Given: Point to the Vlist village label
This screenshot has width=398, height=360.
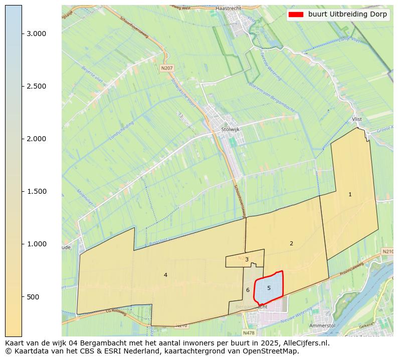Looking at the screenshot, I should point(356,119).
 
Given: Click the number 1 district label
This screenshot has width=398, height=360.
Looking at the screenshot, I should point(350,194).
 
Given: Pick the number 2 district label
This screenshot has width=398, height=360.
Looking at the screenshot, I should point(291,243).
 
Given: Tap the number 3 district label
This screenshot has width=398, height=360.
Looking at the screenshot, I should point(247,259).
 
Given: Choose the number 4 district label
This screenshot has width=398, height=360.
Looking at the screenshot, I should point(165,275).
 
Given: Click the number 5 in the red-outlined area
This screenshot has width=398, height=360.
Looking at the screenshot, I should point(269,288).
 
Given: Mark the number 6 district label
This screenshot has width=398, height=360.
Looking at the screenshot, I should point(248,290).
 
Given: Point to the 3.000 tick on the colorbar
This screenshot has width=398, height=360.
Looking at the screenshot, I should point(36,34).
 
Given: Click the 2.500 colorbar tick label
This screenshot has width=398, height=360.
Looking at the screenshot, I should point(36,86).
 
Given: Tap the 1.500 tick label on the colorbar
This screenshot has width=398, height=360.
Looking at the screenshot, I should point(36,191).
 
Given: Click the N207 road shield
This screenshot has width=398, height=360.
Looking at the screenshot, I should point(166,68).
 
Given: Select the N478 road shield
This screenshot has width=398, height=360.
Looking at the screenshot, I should point(248,332).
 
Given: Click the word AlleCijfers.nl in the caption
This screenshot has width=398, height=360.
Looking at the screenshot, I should point(304,343).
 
